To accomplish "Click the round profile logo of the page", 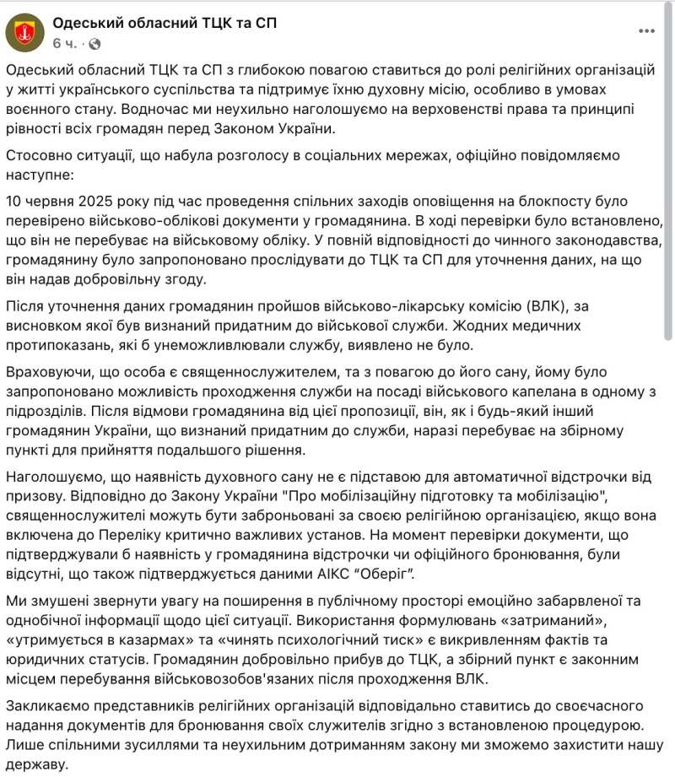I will click(24, 32).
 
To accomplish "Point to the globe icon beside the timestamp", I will click(94, 43).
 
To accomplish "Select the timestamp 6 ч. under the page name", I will click(65, 43).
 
